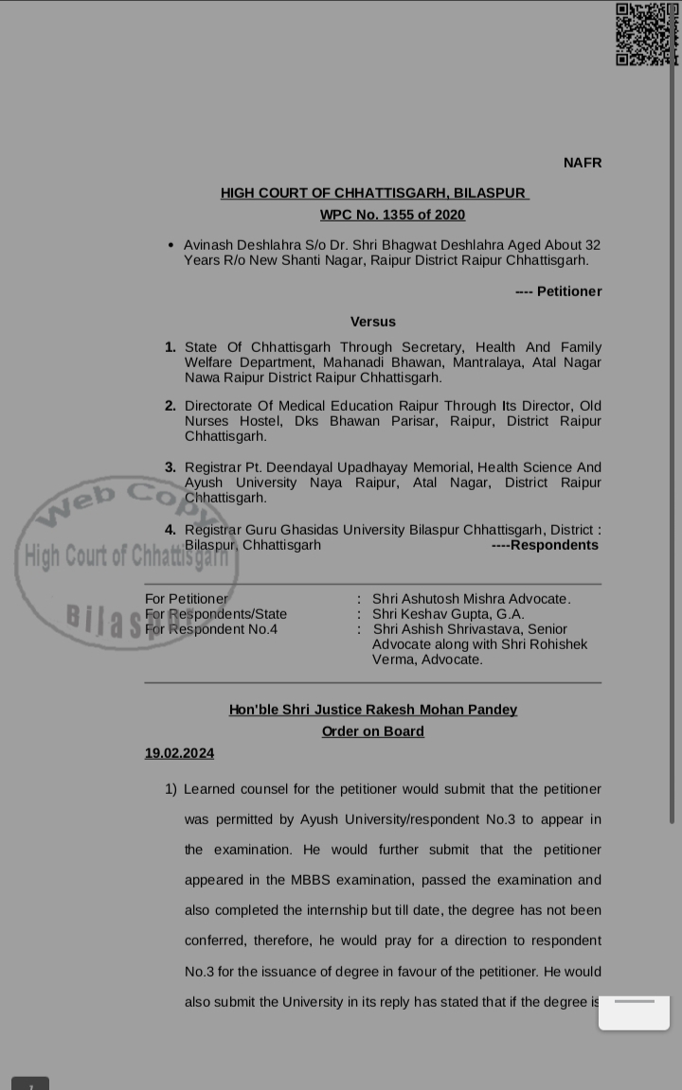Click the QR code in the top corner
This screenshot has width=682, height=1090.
(647, 34)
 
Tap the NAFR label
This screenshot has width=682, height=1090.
(583, 163)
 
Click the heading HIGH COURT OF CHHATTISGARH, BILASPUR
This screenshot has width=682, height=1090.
(373, 193)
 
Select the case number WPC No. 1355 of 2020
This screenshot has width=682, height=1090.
(392, 215)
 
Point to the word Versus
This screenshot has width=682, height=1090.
(373, 322)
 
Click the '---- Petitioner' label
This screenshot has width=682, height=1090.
(559, 291)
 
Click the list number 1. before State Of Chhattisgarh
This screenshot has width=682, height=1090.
(170, 347)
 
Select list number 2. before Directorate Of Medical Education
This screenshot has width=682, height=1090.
(170, 406)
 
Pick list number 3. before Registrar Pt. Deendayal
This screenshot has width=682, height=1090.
(170, 467)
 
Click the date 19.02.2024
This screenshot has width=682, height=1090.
(179, 753)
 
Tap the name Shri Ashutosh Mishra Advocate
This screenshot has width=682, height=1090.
(471, 599)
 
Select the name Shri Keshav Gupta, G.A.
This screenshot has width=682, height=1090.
(448, 614)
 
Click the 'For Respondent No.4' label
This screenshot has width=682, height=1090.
(211, 629)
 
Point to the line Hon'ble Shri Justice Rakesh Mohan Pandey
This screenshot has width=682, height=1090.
(373, 710)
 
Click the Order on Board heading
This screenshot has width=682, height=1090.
(373, 731)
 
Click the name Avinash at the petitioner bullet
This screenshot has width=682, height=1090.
(209, 245)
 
